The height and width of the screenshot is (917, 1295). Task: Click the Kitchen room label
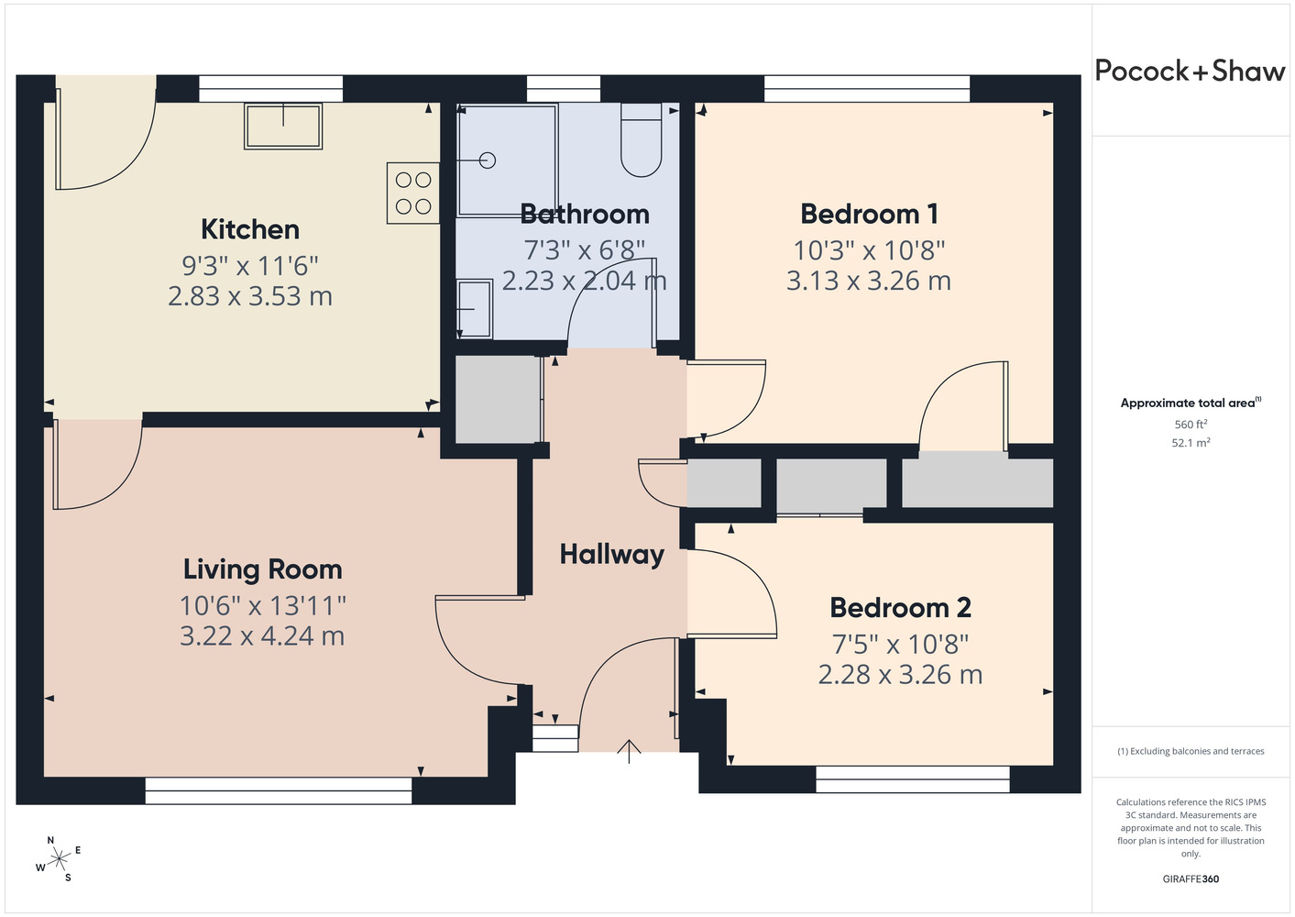click(250, 229)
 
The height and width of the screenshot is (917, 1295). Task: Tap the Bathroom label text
click(585, 214)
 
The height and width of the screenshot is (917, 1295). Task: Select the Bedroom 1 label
click(869, 214)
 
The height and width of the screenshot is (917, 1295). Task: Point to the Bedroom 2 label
click(900, 607)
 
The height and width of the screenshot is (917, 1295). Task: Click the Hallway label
click(612, 555)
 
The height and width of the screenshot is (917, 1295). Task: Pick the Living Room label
click(262, 569)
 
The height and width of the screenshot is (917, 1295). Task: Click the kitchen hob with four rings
click(413, 193)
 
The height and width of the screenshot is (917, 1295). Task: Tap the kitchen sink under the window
click(283, 127)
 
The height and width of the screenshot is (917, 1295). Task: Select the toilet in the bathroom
click(642, 140)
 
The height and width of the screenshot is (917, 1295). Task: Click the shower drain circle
click(488, 160)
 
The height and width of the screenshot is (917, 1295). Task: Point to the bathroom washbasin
click(475, 309)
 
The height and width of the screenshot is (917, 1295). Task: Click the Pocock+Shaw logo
click(1190, 72)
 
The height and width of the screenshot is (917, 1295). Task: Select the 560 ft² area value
click(1191, 424)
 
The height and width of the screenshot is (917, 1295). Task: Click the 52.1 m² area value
click(1191, 443)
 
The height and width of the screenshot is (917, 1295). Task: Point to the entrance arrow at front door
click(629, 751)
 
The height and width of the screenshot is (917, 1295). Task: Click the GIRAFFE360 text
click(1191, 878)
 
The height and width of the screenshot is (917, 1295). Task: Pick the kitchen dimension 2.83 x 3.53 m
click(250, 296)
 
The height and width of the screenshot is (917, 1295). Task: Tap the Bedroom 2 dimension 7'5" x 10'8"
click(900, 645)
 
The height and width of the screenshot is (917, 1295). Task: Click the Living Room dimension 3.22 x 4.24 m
click(262, 635)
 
